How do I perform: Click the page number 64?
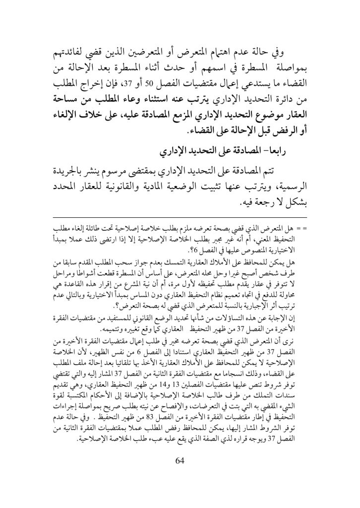pos(180,461)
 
